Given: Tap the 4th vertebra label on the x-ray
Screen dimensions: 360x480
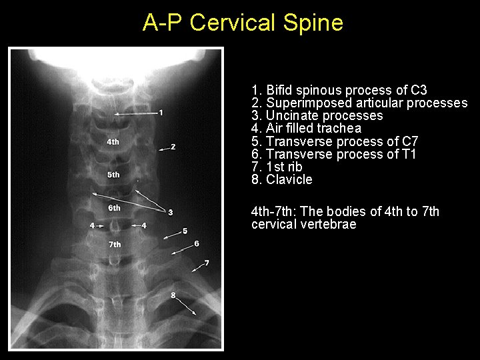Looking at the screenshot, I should (113, 141).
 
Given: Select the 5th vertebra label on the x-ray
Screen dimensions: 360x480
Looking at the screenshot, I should (113, 175).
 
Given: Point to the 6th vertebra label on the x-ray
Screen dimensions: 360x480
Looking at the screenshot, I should (115, 208).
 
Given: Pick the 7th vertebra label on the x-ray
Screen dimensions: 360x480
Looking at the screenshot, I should (115, 245).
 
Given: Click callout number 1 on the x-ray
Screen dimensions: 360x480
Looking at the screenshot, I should (161, 112).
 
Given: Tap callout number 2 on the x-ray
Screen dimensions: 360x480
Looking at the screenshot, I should (173, 147).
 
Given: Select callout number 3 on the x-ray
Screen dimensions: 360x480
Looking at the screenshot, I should (171, 212).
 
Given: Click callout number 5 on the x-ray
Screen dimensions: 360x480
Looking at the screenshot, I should (185, 231).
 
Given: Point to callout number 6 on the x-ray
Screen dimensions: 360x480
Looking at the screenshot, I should (197, 244).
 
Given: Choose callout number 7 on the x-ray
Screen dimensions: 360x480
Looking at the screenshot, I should (207, 263).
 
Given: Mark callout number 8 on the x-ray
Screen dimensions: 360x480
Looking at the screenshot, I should (173, 294).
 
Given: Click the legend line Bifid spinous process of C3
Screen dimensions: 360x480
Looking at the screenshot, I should (339, 90).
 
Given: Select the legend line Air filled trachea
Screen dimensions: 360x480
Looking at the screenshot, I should (307, 128).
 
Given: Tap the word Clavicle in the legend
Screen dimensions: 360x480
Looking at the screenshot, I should (289, 179).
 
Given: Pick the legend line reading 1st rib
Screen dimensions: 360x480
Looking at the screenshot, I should (277, 167).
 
